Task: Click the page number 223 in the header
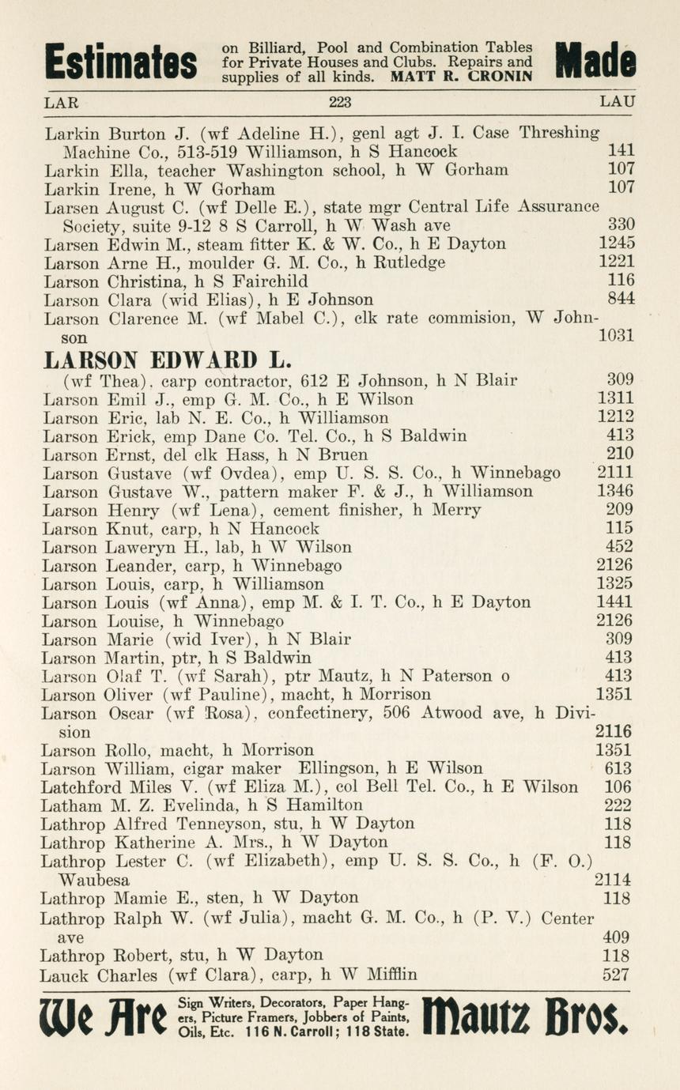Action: [x=339, y=102]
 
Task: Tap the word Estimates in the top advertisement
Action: [x=120, y=62]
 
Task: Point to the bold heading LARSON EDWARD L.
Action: [x=168, y=360]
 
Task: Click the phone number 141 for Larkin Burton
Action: [x=621, y=150]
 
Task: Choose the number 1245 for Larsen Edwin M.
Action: [x=617, y=243]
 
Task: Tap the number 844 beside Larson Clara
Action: [x=621, y=299]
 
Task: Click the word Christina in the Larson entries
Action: [x=142, y=281]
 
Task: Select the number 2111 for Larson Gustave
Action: [x=614, y=473]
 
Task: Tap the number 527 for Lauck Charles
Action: [x=617, y=975]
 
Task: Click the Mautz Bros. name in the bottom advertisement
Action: [x=526, y=1017]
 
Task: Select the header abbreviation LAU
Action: [x=617, y=102]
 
